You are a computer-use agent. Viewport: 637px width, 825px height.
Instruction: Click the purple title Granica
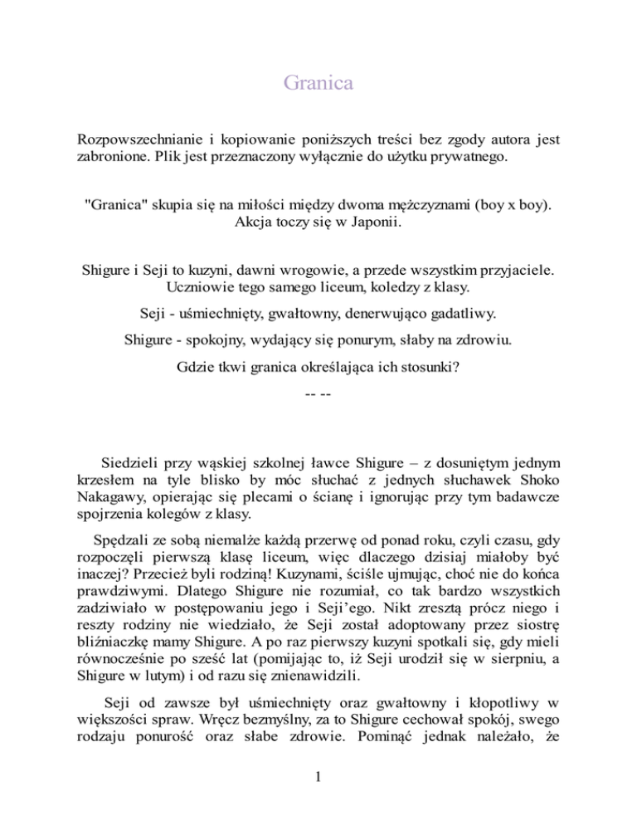point(318,83)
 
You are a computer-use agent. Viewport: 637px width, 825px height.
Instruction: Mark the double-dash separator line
point(318,391)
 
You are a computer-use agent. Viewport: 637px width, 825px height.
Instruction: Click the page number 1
point(318,800)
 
